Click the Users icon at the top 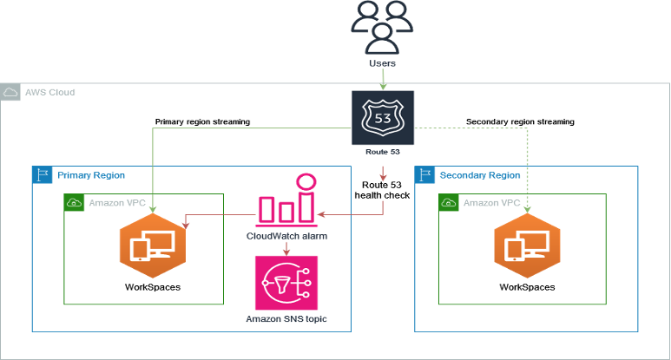pos(383,27)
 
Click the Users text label pos(383,63)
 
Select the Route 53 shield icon pos(383,117)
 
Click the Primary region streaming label pos(202,122)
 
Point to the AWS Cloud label pos(49,91)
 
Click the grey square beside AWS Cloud pos(10,92)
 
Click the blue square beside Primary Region pos(42,175)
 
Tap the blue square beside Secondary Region pos(425,175)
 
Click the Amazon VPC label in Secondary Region pos(491,203)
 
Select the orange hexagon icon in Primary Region pos(153,245)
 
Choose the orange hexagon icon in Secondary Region pos(528,245)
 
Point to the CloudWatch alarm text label pos(286,235)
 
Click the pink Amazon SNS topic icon pos(286,282)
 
